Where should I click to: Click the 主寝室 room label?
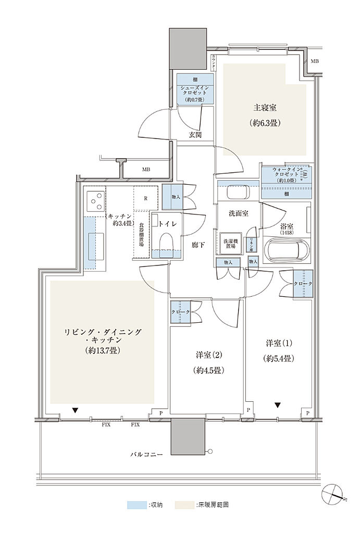pos(265,108)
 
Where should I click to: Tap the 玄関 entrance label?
pos(195,135)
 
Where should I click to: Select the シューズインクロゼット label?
pos(195,91)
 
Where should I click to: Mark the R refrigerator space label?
pos(145,198)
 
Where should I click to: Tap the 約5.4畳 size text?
pos(279,358)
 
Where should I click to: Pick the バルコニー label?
pos(146,454)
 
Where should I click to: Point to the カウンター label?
pos(214,62)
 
